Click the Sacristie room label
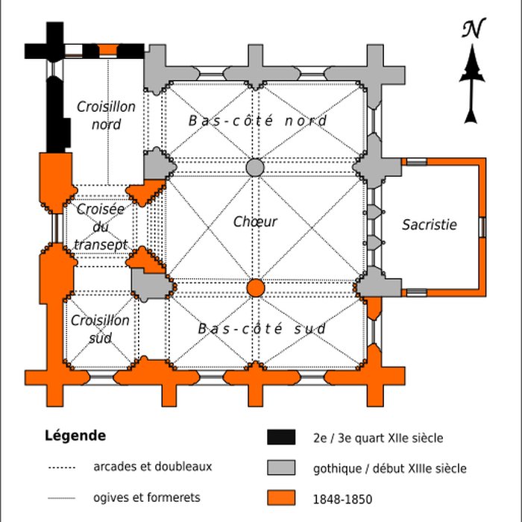click(429, 224)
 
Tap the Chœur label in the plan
click(255, 221)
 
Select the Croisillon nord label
click(106, 116)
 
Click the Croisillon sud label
click(100, 329)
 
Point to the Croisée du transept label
click(101, 227)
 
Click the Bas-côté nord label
click(257, 120)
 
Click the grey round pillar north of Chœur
click(255, 167)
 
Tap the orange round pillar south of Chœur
click(256, 288)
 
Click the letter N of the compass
click(471, 29)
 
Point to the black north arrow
click(471, 86)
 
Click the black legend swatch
click(281, 438)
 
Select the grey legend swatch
click(281, 468)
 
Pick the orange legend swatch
click(281, 498)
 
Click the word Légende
click(75, 435)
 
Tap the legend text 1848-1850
click(343, 499)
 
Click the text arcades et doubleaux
click(153, 467)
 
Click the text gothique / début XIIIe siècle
click(391, 468)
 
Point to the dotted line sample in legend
click(62, 468)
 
